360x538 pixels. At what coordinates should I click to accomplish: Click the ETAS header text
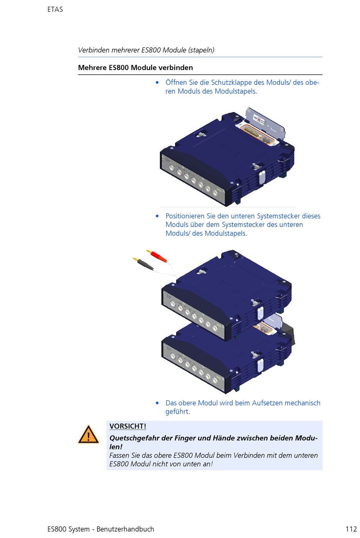[55, 9]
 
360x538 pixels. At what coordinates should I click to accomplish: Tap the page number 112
[351, 529]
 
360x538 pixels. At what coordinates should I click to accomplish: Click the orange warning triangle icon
[88, 434]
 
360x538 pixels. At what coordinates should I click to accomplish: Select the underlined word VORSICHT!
[128, 426]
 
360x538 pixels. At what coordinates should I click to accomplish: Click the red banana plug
[157, 256]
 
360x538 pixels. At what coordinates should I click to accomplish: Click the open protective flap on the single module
[265, 123]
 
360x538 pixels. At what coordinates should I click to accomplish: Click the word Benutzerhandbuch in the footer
[125, 529]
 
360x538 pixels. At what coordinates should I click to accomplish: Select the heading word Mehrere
[92, 67]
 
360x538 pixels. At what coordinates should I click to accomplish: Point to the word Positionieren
[185, 216]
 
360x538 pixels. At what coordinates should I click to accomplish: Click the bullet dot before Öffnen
[157, 83]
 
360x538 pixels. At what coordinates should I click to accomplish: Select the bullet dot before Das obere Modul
[157, 403]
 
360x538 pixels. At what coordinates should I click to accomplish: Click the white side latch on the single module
[262, 177]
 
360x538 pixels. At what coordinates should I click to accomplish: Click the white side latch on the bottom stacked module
[260, 365]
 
